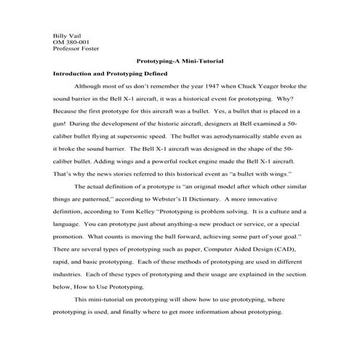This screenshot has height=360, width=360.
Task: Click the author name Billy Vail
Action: click(66, 35)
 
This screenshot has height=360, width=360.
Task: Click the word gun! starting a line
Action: click(61, 126)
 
